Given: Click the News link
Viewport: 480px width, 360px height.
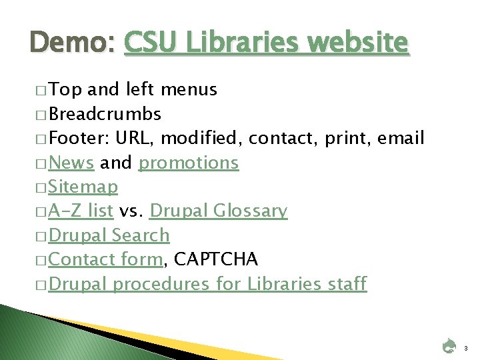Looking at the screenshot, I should coord(71,162).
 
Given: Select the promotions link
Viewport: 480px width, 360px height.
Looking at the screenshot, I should coord(188,162).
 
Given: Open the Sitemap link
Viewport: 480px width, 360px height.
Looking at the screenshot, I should coord(83,187).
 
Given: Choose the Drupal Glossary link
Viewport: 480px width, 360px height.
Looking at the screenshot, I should coord(218,211).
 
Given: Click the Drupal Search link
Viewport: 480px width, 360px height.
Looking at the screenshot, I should coord(109,235).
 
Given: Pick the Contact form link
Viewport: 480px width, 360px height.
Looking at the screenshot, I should coord(105,259).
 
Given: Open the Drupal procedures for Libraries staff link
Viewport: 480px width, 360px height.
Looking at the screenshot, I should coord(207,284).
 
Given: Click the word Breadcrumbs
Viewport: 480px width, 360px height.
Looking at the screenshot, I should coord(105,114).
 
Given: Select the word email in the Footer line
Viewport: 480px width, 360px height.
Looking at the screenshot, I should coord(401,138).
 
